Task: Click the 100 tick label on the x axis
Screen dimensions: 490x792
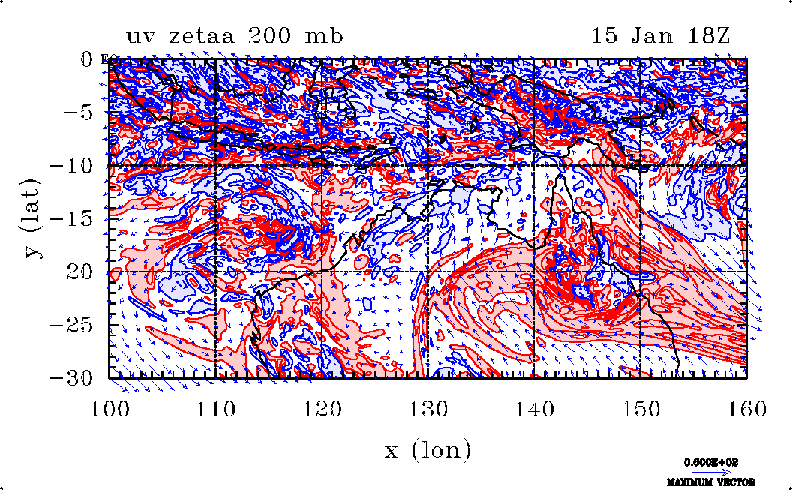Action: pos(109,410)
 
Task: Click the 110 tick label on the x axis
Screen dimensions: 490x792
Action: pos(215,410)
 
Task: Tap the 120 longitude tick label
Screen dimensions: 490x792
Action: pos(322,410)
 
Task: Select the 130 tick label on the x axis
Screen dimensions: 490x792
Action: pos(428,410)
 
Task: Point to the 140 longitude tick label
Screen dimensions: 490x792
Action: pos(534,410)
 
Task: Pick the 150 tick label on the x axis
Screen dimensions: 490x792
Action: pos(640,410)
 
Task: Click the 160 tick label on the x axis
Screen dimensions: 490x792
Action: pos(747,410)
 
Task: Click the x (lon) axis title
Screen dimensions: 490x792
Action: pos(428,450)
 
